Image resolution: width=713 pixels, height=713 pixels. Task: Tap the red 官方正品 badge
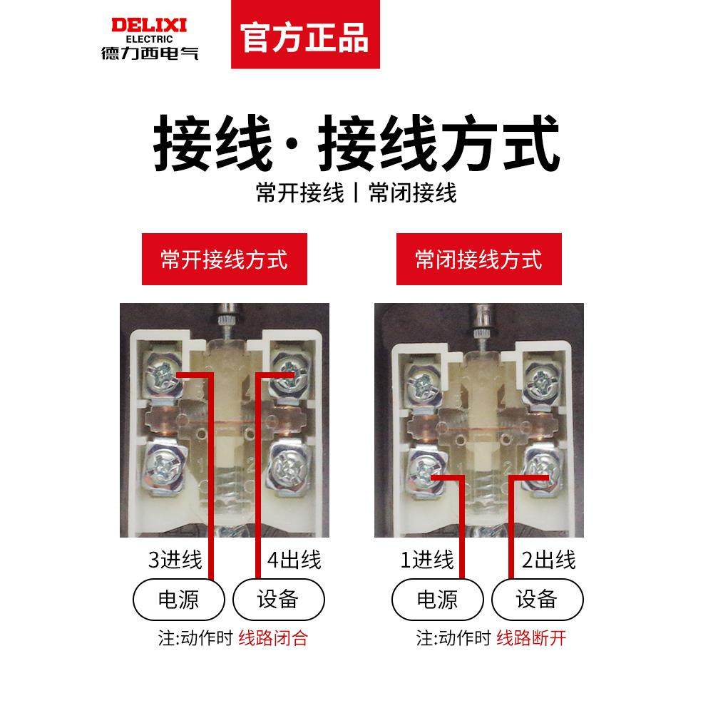click(x=305, y=36)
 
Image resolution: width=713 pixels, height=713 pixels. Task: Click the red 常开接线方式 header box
click(x=224, y=259)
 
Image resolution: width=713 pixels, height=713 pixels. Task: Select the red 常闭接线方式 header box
click(x=478, y=259)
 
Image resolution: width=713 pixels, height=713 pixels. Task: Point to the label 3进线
click(x=175, y=560)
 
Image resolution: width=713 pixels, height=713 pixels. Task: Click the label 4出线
click(x=294, y=560)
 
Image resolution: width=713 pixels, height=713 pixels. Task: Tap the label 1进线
click(x=427, y=560)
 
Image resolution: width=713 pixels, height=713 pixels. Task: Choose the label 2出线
click(x=548, y=560)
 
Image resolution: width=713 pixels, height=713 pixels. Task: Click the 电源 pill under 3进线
click(x=178, y=599)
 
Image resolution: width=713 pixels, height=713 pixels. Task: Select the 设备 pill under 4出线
click(x=278, y=599)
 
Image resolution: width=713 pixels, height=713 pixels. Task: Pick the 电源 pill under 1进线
click(x=436, y=599)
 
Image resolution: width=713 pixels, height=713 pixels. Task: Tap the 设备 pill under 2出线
click(x=536, y=599)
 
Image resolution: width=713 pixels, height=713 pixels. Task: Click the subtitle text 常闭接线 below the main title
click(x=412, y=193)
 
